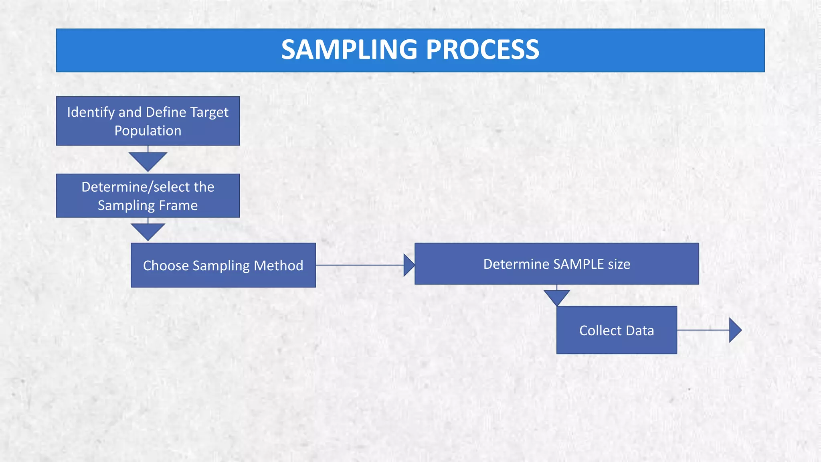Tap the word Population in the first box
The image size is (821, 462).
point(148,131)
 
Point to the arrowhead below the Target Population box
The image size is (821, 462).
point(148,160)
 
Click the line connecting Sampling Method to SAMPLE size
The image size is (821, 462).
point(359,265)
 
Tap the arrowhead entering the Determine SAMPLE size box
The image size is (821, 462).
point(408,265)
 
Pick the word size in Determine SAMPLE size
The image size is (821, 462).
point(619,264)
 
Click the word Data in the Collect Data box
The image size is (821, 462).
point(640,330)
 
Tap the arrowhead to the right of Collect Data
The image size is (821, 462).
point(734,330)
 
